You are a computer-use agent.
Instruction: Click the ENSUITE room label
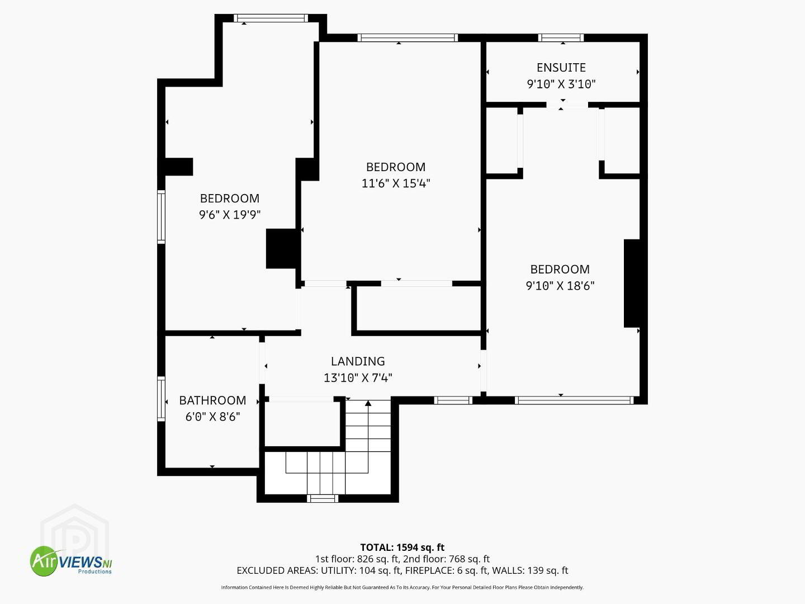[561, 68]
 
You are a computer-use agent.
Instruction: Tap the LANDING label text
[358, 361]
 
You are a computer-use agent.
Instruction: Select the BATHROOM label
[212, 400]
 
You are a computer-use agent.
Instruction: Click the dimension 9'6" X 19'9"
[230, 215]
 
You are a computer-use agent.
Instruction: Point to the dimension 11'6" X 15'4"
[396, 183]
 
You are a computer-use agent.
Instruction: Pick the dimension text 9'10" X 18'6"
[560, 285]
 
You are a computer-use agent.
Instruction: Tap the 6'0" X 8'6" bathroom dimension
[212, 417]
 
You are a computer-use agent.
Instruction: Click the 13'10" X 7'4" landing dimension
[358, 377]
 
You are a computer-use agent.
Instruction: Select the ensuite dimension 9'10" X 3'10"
[561, 84]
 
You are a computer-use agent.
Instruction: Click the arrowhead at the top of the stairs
[368, 403]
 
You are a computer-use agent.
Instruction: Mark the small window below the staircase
[323, 498]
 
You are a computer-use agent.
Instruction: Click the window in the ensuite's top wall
[561, 37]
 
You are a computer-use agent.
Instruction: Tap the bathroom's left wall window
[161, 399]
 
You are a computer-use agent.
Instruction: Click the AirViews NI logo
[70, 561]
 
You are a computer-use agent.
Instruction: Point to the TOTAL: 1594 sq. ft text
[402, 547]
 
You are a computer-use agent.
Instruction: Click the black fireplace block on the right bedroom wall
[632, 283]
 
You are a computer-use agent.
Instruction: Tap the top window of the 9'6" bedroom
[271, 18]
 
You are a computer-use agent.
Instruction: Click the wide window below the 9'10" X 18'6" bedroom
[574, 400]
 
